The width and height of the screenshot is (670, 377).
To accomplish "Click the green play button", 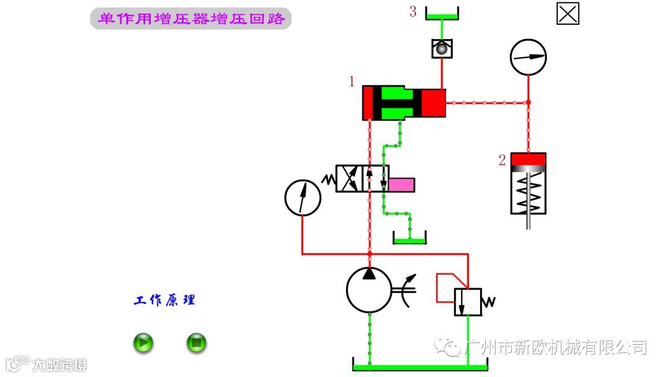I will (x=143, y=342).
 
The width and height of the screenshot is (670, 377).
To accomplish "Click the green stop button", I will (x=197, y=342).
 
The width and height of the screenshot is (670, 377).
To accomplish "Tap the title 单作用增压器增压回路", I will (x=191, y=19).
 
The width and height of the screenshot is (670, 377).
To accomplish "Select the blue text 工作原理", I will (x=164, y=301).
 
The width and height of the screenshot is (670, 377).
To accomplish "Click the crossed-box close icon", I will (x=568, y=14).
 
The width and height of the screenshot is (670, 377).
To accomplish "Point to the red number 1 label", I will (x=352, y=81).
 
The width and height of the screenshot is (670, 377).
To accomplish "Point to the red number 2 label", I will (x=502, y=160).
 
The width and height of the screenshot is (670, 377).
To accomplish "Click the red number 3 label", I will (x=413, y=12).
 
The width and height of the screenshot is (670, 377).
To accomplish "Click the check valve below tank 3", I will (x=442, y=49).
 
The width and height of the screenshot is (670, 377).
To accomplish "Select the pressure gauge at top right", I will (x=528, y=57).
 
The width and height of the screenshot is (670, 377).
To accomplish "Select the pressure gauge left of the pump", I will (x=303, y=198).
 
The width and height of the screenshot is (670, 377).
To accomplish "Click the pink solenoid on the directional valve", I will (x=401, y=184).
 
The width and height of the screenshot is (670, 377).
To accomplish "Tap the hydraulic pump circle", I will (x=369, y=290).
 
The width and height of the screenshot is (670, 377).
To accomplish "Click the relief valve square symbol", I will (x=468, y=302).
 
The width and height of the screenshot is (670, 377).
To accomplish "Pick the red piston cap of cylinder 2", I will (x=529, y=160).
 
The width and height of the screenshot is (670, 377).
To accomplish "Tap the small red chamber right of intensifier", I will (x=434, y=103).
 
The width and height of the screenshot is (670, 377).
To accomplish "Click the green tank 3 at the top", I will (x=442, y=16).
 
